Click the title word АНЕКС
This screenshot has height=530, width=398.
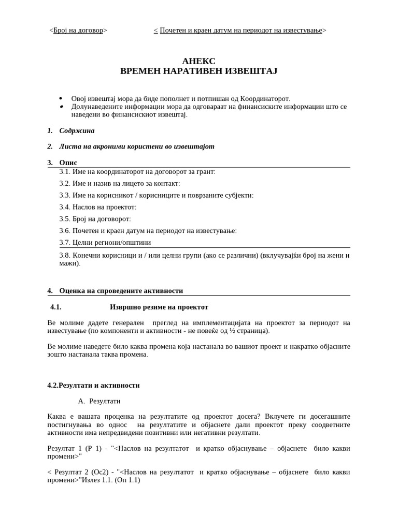pyautogui.click(x=198, y=61)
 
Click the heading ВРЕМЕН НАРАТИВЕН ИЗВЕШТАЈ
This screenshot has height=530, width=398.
pyautogui.click(x=198, y=71)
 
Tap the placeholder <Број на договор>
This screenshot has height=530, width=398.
pyautogui.click(x=78, y=31)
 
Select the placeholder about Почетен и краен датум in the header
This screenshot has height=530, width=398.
pyautogui.click(x=240, y=31)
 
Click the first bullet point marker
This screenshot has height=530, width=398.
pyautogui.click(x=61, y=98)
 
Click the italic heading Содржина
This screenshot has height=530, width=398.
pyautogui.click(x=77, y=131)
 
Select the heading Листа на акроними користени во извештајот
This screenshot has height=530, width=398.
pyautogui.click(x=136, y=146)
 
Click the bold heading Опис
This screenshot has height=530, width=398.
pyautogui.click(x=68, y=163)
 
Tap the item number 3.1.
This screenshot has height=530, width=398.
pyautogui.click(x=65, y=172)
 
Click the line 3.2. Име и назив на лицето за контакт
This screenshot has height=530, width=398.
pyautogui.click(x=120, y=184)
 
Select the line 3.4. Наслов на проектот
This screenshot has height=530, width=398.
pyautogui.click(x=98, y=207)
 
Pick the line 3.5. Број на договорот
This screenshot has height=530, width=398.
pyautogui.click(x=95, y=219)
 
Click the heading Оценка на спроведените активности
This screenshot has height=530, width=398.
pyautogui.click(x=121, y=291)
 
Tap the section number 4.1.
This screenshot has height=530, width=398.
pyautogui.click(x=56, y=307)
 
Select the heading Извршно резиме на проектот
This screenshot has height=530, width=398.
pyautogui.click(x=159, y=307)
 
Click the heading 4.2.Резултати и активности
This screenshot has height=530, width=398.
pyautogui.click(x=93, y=386)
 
